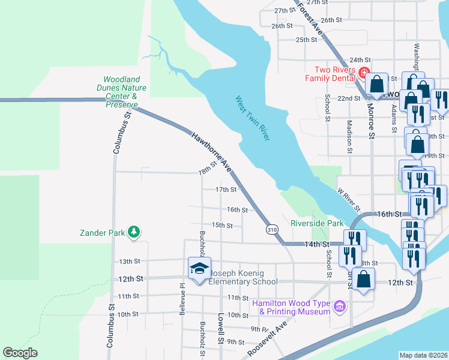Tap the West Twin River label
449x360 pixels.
click(253, 118)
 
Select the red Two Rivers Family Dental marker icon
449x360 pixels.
click(363, 73)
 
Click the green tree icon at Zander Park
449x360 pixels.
click(133, 232)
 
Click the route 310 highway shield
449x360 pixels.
click(272, 230)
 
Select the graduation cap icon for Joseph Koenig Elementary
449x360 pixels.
click(200, 268)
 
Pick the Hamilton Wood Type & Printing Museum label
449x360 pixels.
click(292, 307)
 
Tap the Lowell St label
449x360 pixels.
click(221, 332)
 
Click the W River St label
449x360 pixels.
click(349, 200)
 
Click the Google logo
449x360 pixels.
click(20, 353)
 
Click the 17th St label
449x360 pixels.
click(226, 190)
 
